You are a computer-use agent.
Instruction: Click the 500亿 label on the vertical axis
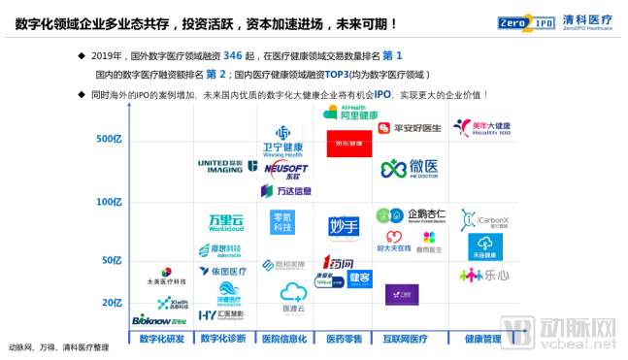[109, 140]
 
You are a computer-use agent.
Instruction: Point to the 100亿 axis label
[109, 202]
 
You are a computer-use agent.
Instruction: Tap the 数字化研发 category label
[162, 339]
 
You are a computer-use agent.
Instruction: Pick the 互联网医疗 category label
[404, 339]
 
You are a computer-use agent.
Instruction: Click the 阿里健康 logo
[351, 114]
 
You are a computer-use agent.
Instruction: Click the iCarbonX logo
[481, 218]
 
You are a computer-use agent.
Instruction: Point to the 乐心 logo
[483, 277]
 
